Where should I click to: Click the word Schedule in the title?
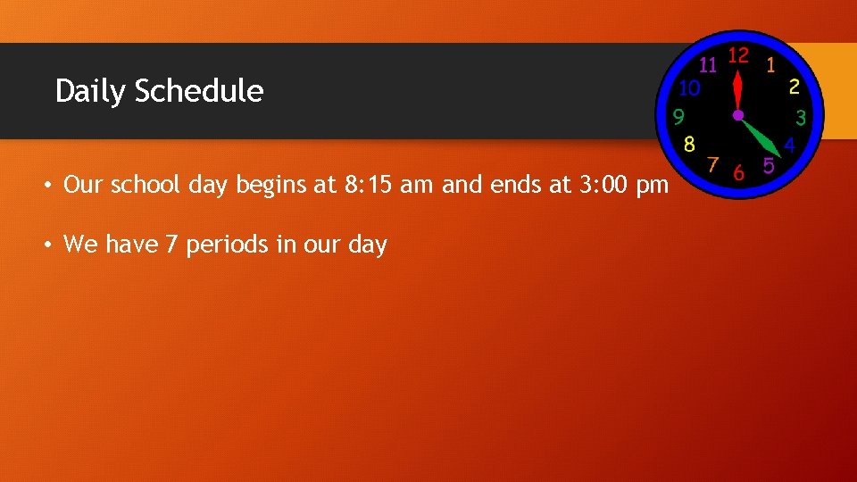pyautogui.click(x=199, y=91)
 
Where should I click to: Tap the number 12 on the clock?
pyautogui.click(x=737, y=55)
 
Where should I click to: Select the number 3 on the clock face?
pyautogui.click(x=801, y=117)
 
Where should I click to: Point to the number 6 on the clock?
pyautogui.click(x=738, y=172)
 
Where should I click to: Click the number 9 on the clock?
pyautogui.click(x=678, y=117)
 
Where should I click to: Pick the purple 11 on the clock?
pyautogui.click(x=708, y=64)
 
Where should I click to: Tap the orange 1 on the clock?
pyautogui.click(x=770, y=65)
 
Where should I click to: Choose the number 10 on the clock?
pyautogui.click(x=689, y=87)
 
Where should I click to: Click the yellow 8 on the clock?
pyautogui.click(x=689, y=144)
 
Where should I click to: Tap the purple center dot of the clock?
pyautogui.click(x=738, y=115)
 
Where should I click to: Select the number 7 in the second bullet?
pyautogui.click(x=171, y=244)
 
